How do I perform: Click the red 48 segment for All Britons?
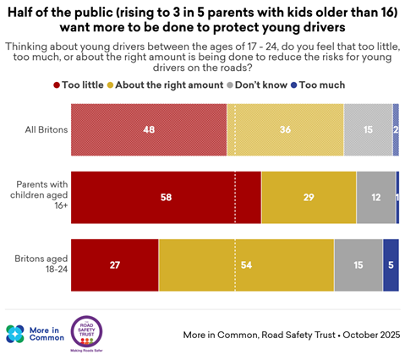pos(149,129)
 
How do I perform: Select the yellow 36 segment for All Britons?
pos(285,129)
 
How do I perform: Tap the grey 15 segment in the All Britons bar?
pos(368,129)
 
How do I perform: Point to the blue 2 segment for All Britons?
pos(396,129)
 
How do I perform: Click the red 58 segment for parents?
pos(166,198)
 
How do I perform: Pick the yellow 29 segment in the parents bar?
pos(309,198)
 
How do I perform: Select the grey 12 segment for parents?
pos(376,198)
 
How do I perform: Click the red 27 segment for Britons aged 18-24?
pos(115,265)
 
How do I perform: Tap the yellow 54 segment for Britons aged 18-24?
pos(246,265)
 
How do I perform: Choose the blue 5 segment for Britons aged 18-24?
pos(391,265)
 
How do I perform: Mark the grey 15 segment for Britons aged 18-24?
pos(358,265)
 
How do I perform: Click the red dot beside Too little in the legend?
pos(57,85)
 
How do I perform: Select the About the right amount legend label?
pos(169,85)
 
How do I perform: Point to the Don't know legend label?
pos(261,85)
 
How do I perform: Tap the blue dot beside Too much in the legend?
pos(293,85)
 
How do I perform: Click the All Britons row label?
pos(47,129)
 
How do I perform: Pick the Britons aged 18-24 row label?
pos(41,264)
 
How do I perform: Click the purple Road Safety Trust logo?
pos(86,332)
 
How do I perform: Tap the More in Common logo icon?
pos(15,334)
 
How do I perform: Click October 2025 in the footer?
pos(371,335)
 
